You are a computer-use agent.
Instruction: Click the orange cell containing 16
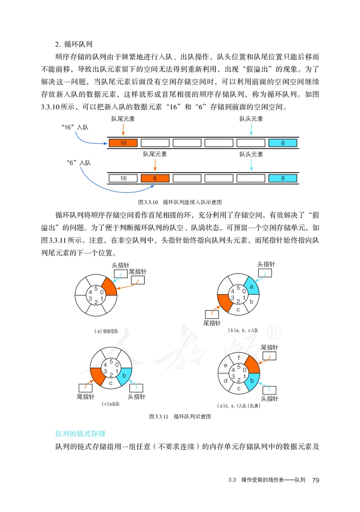pos(124,143)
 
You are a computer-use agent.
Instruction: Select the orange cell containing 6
pos(155,178)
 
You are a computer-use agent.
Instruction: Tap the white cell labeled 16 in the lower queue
pos(124,178)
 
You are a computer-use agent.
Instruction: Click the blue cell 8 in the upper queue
pos(283,143)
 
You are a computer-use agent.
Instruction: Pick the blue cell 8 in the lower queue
pos(283,178)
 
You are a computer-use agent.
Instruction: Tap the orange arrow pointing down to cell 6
pos(155,166)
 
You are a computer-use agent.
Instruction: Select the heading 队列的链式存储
pos(80,434)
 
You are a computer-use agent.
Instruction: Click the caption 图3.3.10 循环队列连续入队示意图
pos(180,202)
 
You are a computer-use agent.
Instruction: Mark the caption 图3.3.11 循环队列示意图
pos(180,417)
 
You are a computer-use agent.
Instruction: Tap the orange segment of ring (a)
pos(109,286)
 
